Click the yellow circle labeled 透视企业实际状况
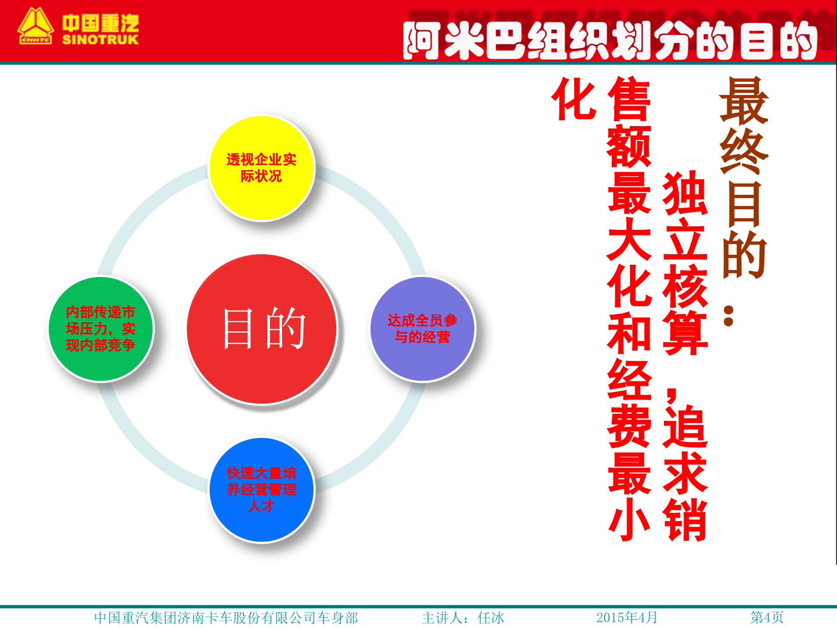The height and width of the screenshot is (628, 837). pos(262,168)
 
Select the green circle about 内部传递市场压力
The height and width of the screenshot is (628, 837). pos(101,329)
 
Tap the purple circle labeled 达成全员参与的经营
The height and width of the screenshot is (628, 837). pos(422,329)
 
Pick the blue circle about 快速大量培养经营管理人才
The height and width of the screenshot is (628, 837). pos(262,490)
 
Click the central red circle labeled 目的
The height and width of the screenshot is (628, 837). pos(262,329)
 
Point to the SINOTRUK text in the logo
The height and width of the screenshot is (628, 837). pos(100,40)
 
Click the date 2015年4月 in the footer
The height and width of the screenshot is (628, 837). pos(626,617)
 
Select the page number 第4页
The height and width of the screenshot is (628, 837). pos(767,617)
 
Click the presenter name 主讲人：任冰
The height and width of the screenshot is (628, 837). pos(463,618)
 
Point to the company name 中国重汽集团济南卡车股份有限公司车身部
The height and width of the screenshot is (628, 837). pos(226,618)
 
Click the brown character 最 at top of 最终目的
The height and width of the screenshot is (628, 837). pos(744,101)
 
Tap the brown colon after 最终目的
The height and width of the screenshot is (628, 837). pos(728,316)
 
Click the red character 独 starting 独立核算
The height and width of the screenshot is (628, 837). pos(685,193)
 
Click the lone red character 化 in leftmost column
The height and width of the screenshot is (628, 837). pos(574,99)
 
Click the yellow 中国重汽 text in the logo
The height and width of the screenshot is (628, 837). pos(100,23)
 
